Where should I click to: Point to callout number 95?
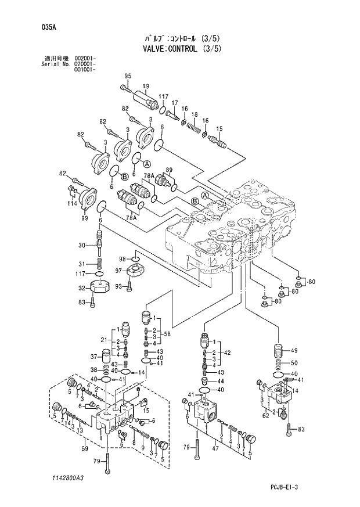(x=128, y=76)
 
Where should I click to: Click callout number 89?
(x=169, y=170)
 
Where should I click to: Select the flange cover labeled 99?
(x=89, y=199)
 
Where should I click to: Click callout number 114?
(x=71, y=203)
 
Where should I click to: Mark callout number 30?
(x=82, y=244)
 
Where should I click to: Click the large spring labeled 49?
(x=279, y=352)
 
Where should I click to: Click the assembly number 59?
(x=84, y=448)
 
